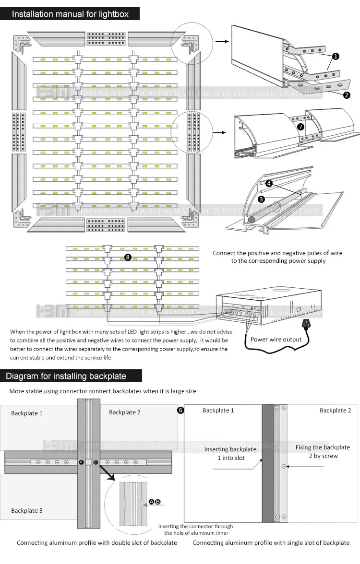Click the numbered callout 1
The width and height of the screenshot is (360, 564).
[x=336, y=57]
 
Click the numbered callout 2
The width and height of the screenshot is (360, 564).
[x=347, y=94]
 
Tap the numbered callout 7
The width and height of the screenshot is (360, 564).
[x=300, y=127]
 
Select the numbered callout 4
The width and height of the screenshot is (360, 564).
[x=269, y=183]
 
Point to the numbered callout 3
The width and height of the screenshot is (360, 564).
[x=261, y=198]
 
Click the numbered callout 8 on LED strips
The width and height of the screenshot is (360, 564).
[x=128, y=257]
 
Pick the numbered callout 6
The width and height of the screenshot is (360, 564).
[x=180, y=411]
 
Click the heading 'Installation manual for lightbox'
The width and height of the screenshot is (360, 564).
[x=70, y=14]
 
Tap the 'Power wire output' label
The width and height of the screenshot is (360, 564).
[x=276, y=339]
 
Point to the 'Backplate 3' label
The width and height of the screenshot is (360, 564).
[x=27, y=511]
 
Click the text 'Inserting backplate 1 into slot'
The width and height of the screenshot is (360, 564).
[x=230, y=453]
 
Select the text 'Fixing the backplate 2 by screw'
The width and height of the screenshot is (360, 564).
[x=323, y=452]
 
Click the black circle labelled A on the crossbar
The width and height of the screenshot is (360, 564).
[x=81, y=462]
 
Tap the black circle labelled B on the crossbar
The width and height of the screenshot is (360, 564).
[x=95, y=462]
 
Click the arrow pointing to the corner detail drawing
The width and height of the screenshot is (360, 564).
[x=221, y=41]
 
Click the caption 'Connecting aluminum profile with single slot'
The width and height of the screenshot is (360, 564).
[x=271, y=543]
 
